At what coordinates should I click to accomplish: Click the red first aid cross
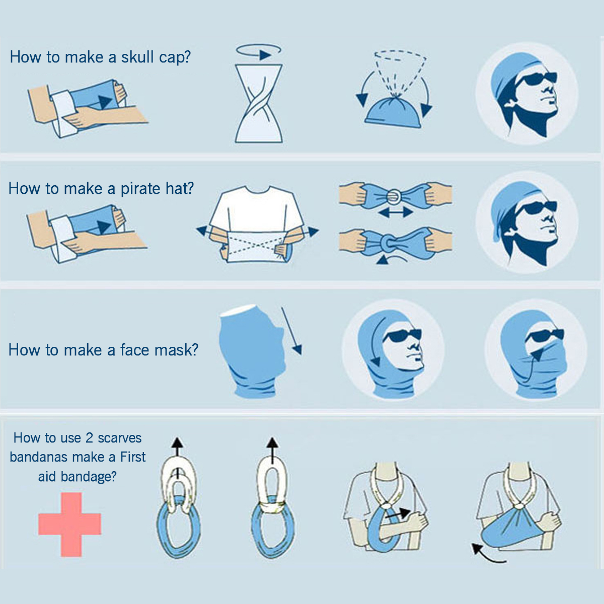click(x=69, y=524)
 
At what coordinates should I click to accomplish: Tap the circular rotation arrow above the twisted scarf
click(x=259, y=50)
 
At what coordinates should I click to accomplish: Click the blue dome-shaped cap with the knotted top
click(x=393, y=112)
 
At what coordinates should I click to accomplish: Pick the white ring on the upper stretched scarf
click(x=395, y=194)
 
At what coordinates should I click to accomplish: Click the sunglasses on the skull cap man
click(x=536, y=80)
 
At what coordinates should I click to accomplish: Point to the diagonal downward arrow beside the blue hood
click(x=291, y=331)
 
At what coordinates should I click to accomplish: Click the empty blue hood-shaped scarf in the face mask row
click(x=252, y=352)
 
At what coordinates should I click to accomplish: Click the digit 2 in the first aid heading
click(x=89, y=438)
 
